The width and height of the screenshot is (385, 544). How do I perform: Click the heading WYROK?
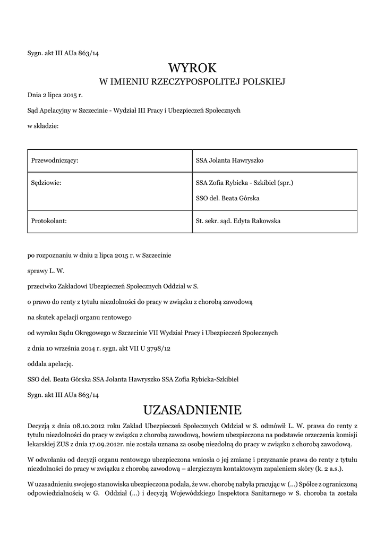point(193,68)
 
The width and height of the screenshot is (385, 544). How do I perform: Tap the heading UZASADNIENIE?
point(193,410)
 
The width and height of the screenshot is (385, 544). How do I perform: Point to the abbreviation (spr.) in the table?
point(284,183)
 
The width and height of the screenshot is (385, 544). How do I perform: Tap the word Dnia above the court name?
point(34,96)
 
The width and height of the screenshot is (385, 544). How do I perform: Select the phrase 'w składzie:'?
point(42,126)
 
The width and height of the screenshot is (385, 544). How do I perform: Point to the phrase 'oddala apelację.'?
point(49,364)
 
